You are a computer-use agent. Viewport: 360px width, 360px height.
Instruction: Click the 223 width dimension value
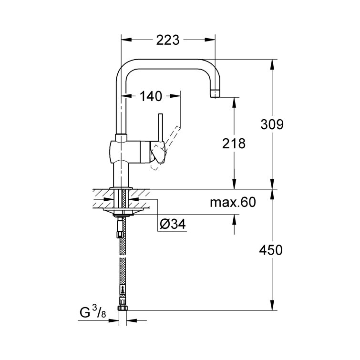tap(167, 41)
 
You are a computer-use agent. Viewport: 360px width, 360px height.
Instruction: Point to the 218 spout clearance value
tap(233, 143)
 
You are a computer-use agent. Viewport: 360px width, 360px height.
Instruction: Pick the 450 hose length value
tap(271, 250)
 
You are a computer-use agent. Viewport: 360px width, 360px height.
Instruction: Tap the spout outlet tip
tap(216, 94)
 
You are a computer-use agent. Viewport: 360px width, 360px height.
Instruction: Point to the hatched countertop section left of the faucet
tap(101, 199)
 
